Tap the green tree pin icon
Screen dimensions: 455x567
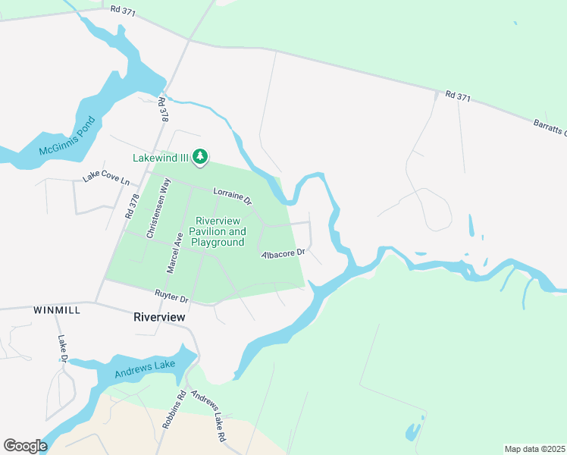(200, 157)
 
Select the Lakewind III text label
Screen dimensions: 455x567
(161, 158)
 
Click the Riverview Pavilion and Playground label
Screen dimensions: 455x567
(217, 231)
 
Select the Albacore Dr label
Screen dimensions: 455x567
(282, 253)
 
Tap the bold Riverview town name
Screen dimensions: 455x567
(158, 317)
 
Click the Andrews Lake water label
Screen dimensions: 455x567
(145, 370)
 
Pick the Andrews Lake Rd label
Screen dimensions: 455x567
(208, 417)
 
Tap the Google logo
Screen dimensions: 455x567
(25, 445)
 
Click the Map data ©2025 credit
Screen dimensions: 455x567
(534, 449)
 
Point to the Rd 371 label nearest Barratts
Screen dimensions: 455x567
(459, 96)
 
